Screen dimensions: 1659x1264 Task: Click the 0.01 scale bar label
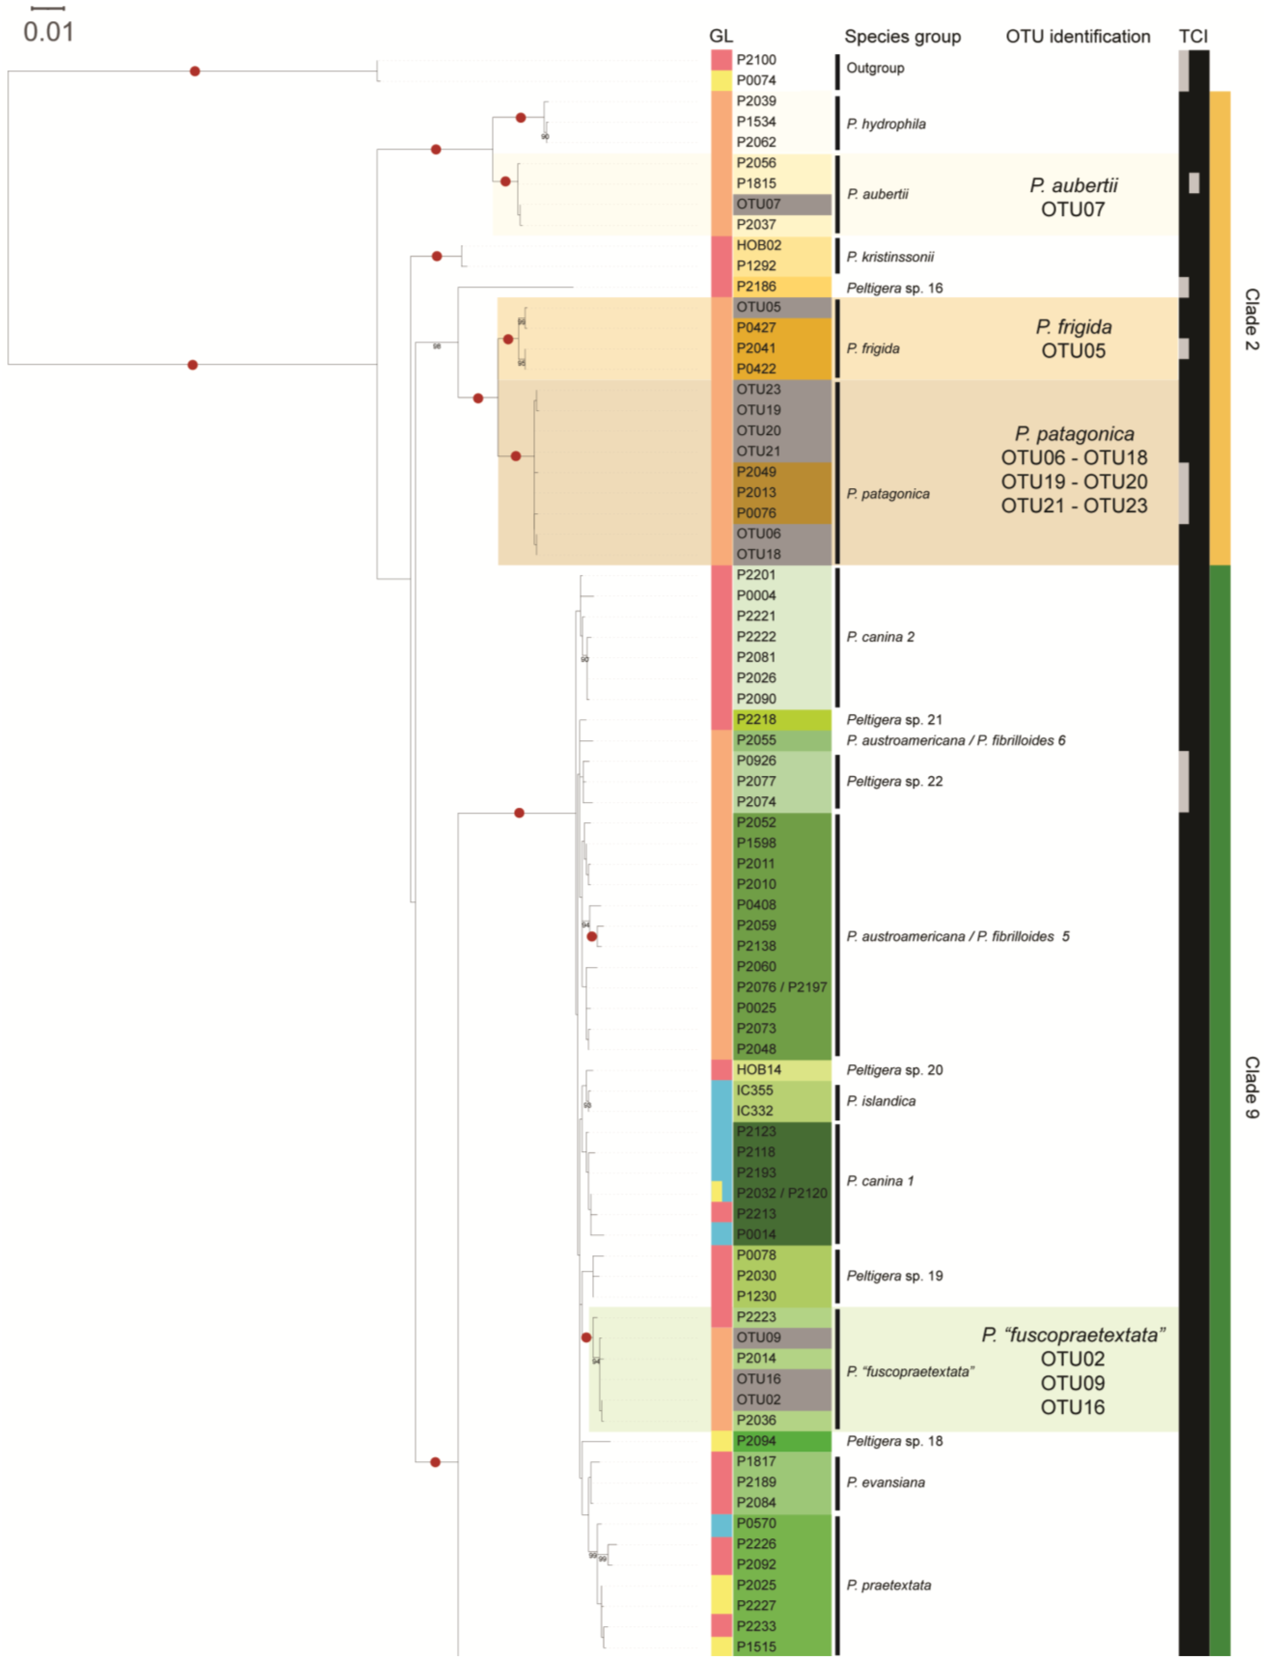tap(48, 32)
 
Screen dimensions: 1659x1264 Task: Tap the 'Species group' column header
tap(902, 36)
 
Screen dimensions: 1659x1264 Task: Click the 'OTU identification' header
tap(1078, 36)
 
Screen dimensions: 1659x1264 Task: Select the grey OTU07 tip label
tap(758, 204)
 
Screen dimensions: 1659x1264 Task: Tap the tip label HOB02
tap(758, 245)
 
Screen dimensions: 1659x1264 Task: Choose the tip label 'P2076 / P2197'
tap(781, 987)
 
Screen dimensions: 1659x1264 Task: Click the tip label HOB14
tap(758, 1070)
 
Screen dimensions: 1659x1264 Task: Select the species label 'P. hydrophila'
tap(886, 124)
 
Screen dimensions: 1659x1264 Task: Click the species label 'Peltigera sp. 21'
tap(894, 720)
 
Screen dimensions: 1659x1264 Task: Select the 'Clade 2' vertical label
tap(1250, 319)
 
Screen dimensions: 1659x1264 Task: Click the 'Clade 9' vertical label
tap(1250, 1087)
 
